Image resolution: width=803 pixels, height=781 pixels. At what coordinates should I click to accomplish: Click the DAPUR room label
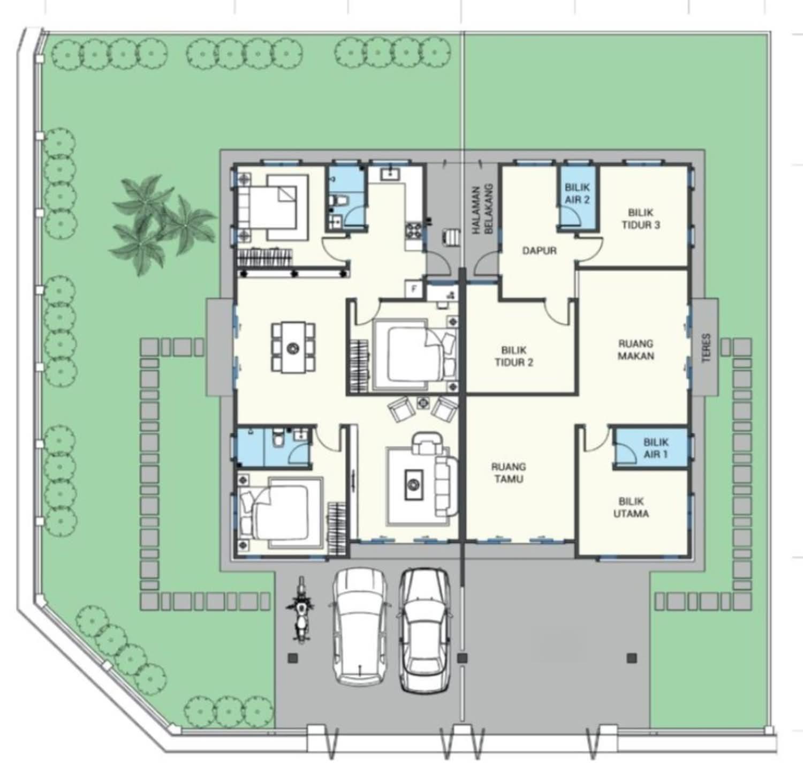pyautogui.click(x=539, y=250)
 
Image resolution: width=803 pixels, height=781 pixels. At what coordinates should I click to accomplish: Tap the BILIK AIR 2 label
pyautogui.click(x=577, y=193)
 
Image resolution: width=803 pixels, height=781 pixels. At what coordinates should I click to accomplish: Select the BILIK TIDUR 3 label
pyautogui.click(x=641, y=219)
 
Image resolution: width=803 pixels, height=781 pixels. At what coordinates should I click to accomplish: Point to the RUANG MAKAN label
pyautogui.click(x=636, y=349)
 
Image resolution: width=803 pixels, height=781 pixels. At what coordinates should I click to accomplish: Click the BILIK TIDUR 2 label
pyautogui.click(x=514, y=356)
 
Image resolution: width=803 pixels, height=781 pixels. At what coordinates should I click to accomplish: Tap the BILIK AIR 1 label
pyautogui.click(x=656, y=448)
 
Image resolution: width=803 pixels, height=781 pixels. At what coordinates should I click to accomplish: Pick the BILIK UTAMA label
pyautogui.click(x=634, y=507)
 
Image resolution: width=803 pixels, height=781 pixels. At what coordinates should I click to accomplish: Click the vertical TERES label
pyautogui.click(x=706, y=349)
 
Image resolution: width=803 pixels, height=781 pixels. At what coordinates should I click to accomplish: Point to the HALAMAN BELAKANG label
pyautogui.click(x=481, y=209)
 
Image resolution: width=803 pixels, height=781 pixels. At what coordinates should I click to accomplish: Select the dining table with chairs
pyautogui.click(x=292, y=347)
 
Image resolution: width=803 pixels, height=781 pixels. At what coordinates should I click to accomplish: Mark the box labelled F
pyautogui.click(x=413, y=289)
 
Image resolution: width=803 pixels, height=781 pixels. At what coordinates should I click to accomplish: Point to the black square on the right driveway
pyautogui.click(x=632, y=657)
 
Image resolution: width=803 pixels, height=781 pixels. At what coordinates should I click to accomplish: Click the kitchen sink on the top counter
pyautogui.click(x=390, y=172)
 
